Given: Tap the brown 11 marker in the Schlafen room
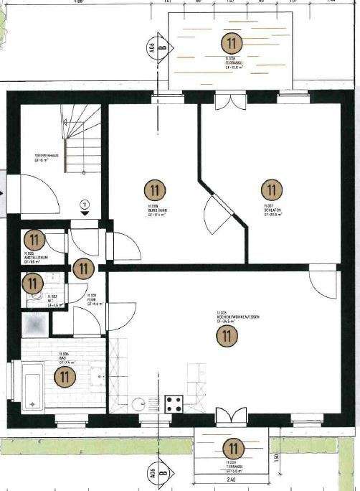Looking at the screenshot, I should click(271, 190).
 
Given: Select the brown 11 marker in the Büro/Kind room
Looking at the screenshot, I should click(154, 190).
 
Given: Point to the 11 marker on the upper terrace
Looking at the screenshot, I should click(232, 42).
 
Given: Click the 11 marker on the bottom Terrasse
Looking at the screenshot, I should click(234, 449).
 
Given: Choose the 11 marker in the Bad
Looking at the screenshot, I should click(65, 374).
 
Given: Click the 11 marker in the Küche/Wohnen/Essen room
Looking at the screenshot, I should click(229, 335).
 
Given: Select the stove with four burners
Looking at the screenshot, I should click(174, 403).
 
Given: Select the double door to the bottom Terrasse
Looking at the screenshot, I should click(231, 417).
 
